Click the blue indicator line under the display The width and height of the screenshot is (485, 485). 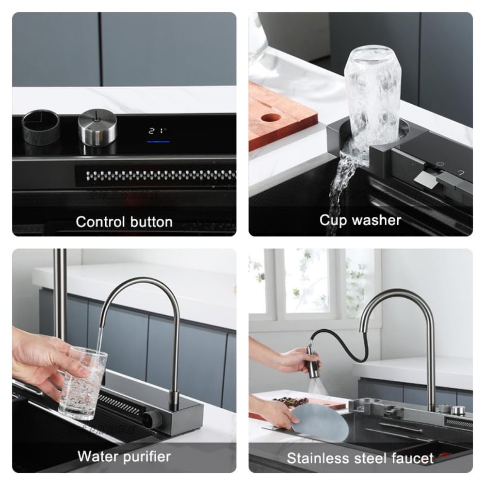click(158, 142)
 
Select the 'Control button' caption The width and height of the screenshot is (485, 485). click(124, 222)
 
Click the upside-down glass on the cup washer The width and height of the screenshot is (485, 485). click(372, 92)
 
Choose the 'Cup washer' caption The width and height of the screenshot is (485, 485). click(360, 220)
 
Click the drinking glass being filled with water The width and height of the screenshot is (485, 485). click(83, 383)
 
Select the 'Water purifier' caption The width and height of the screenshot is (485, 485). click(124, 456)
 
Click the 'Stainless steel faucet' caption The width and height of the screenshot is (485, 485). click(360, 458)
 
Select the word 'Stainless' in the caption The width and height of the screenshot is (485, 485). click(318, 458)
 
